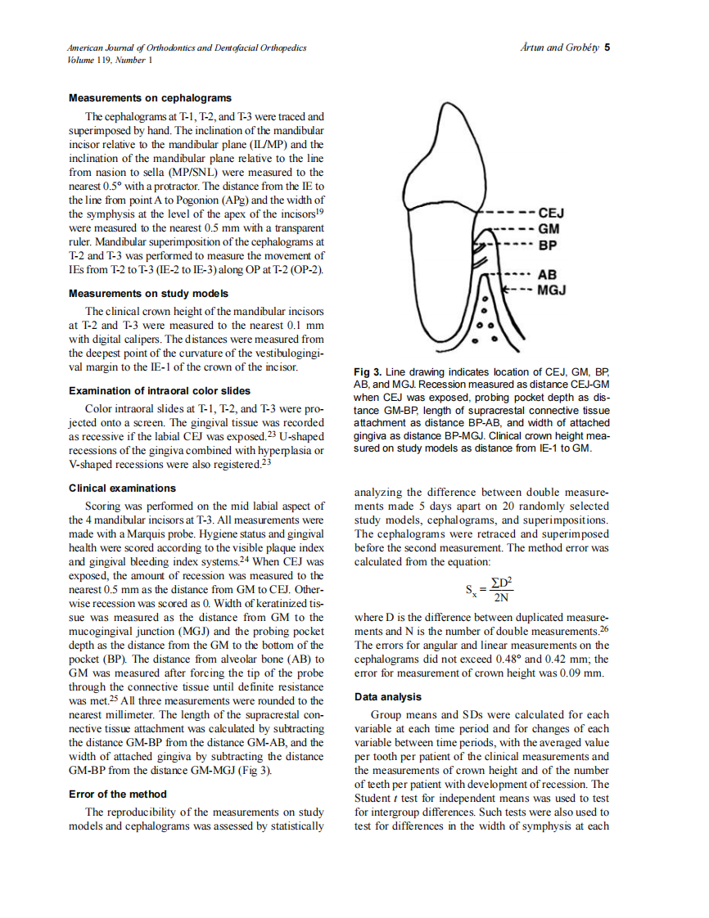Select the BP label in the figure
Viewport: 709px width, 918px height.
coord(549,245)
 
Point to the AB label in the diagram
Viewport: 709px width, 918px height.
coord(549,275)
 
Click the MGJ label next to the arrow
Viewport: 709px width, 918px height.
coord(553,290)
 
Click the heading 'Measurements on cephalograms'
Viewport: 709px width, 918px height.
coord(150,98)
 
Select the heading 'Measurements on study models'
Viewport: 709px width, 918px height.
coord(149,293)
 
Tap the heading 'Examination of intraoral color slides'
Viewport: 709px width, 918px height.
coord(160,391)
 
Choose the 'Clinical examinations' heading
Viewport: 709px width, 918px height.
coord(122,488)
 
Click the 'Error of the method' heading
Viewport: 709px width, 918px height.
coord(118,794)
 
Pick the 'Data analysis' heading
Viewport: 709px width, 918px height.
coord(387,696)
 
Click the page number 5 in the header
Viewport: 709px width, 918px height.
coord(607,47)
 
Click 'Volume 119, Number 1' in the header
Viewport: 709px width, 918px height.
coord(111,60)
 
